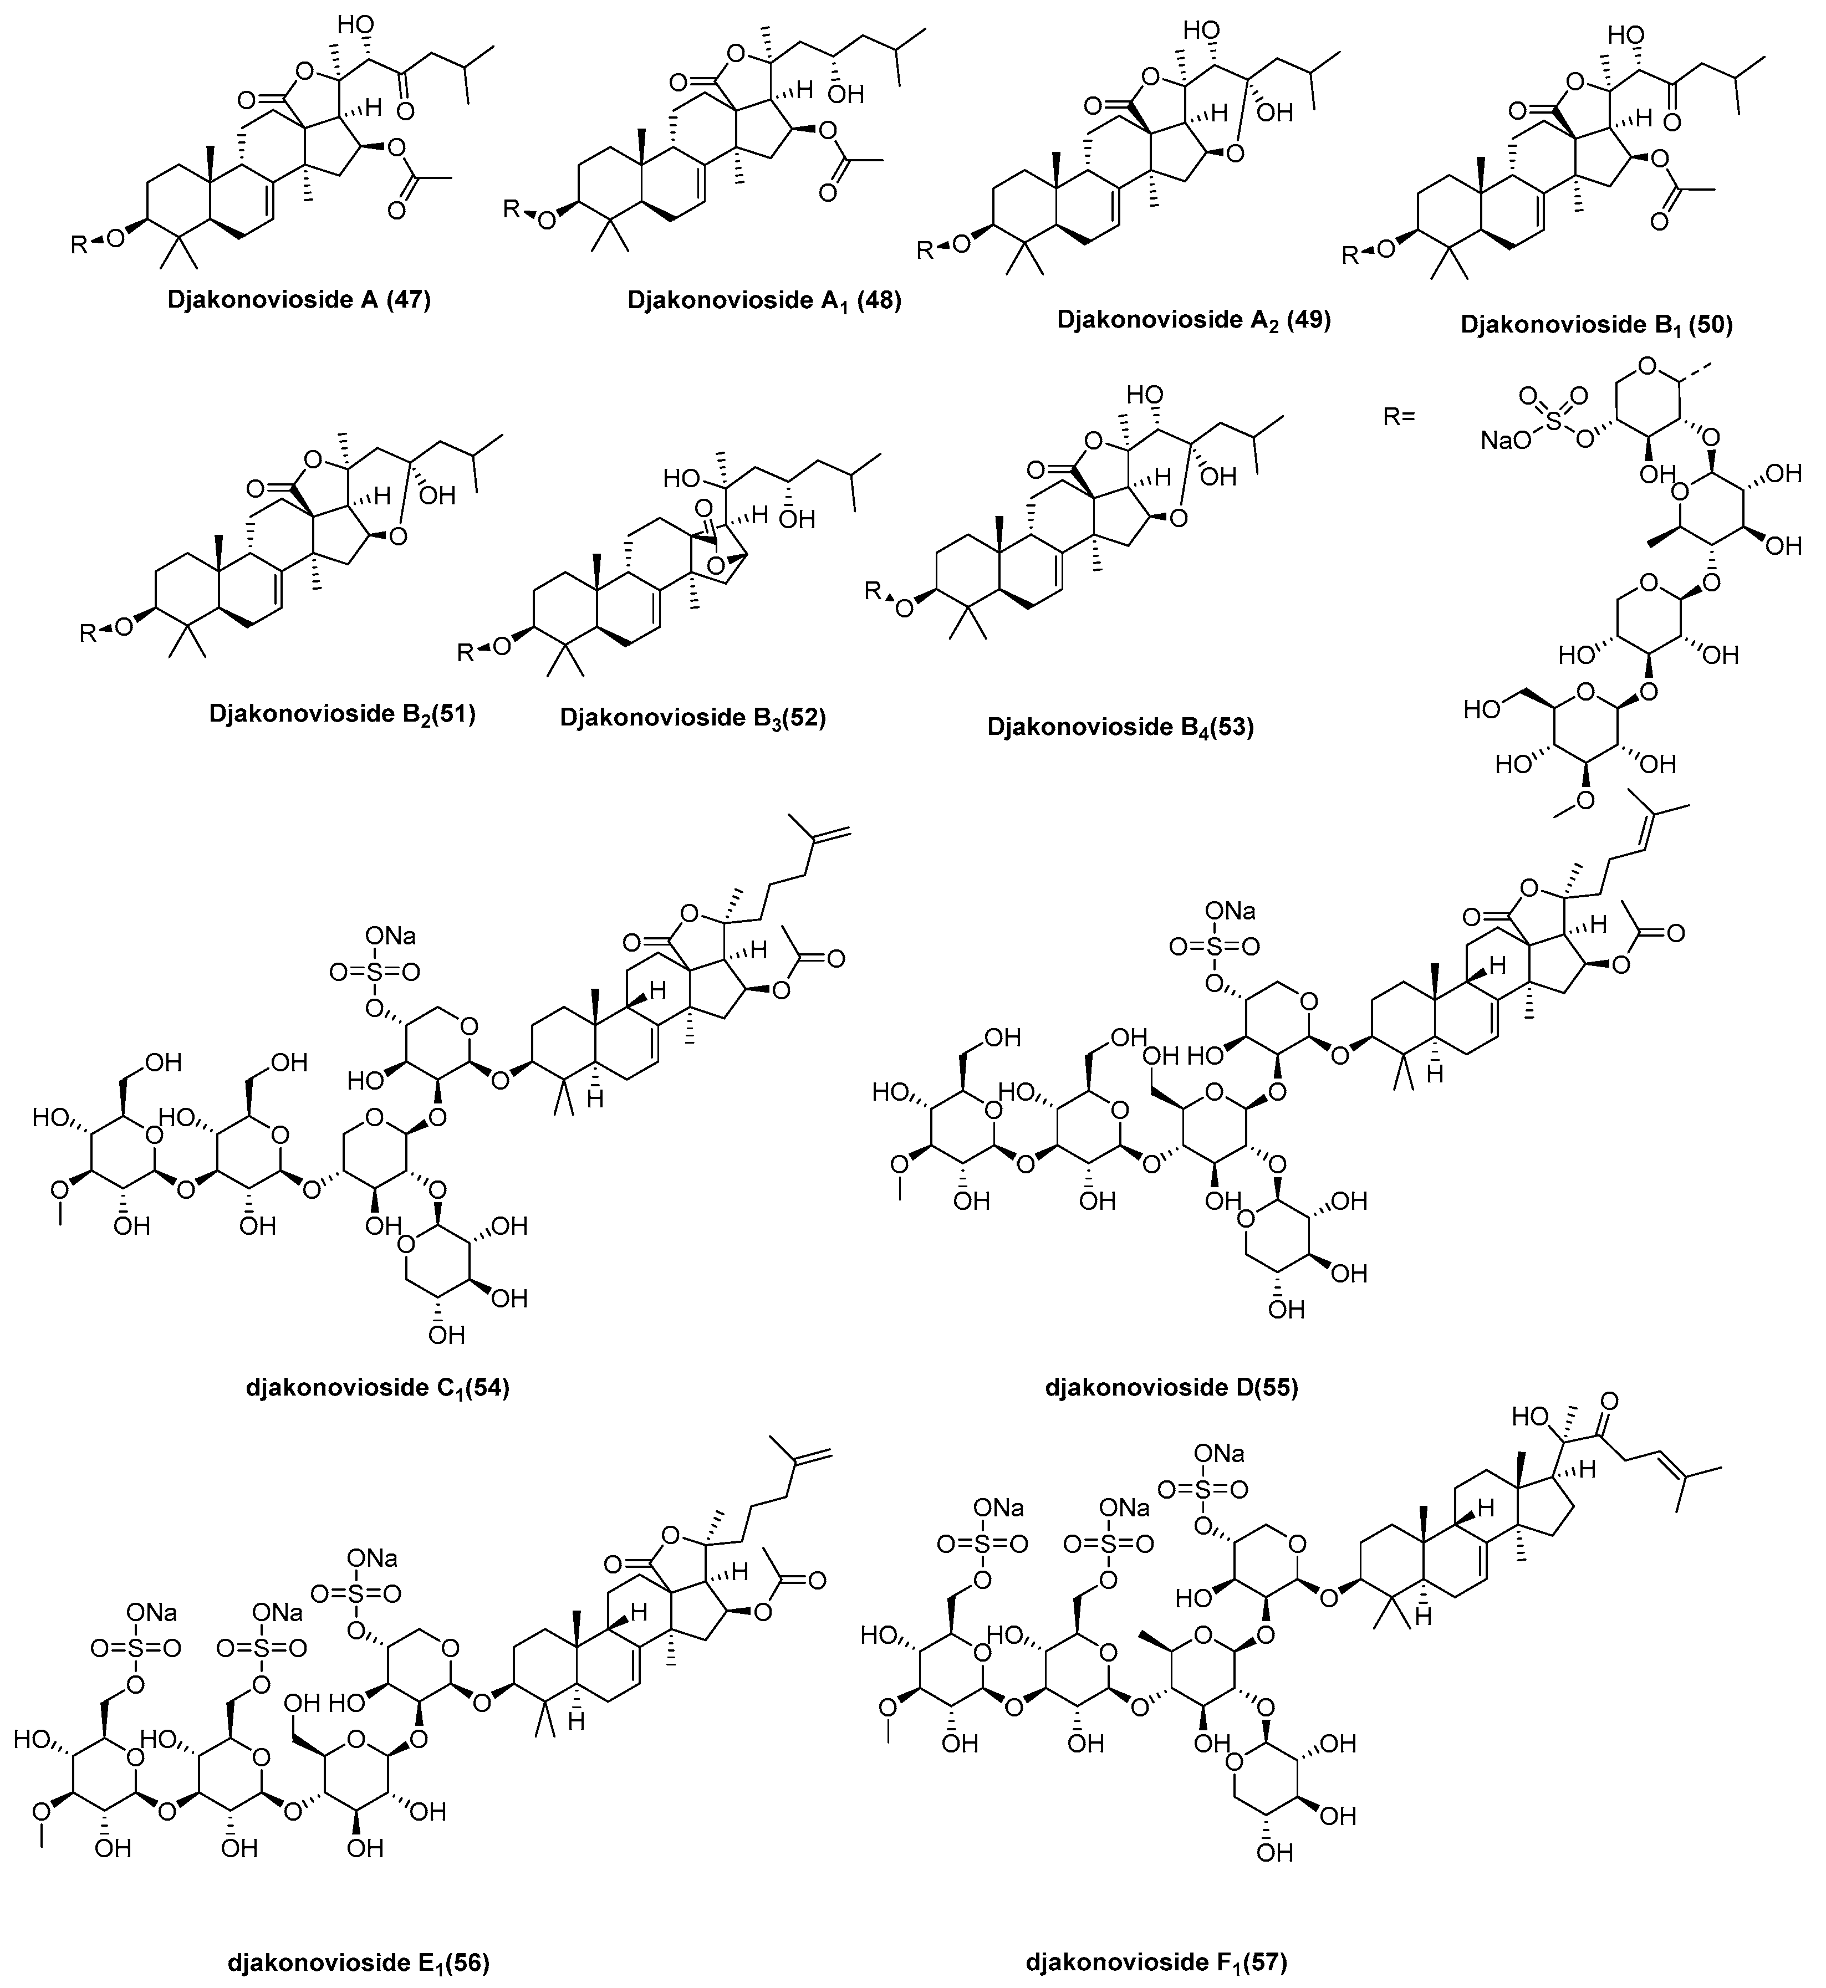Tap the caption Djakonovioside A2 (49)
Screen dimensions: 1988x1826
pos(1193,320)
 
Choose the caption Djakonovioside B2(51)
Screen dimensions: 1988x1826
pos(342,713)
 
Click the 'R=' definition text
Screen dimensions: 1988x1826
pos(1399,416)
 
